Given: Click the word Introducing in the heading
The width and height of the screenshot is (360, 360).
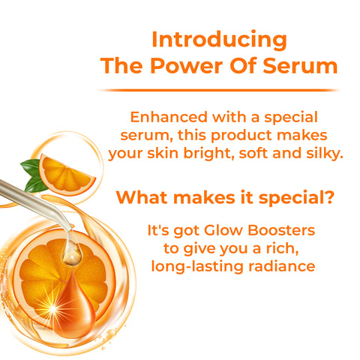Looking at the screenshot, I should (x=219, y=39).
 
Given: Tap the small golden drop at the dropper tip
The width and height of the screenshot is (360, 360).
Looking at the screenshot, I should (x=71, y=256).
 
